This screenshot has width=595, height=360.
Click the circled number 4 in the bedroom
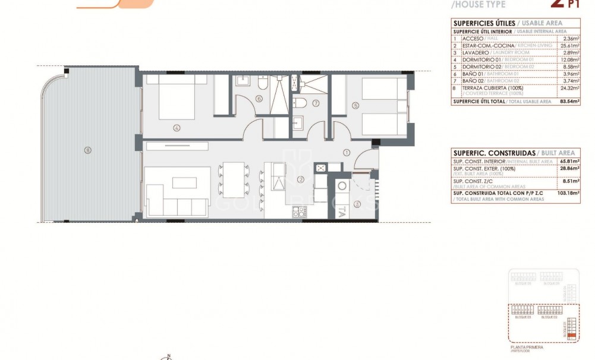tap(177, 127)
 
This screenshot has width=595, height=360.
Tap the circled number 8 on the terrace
tap(87, 150)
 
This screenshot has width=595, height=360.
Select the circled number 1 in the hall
tap(346, 153)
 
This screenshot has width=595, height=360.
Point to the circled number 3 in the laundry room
tap(357, 204)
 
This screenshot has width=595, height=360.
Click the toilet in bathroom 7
tap(302, 103)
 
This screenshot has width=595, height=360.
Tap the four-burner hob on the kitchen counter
tap(298, 210)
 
